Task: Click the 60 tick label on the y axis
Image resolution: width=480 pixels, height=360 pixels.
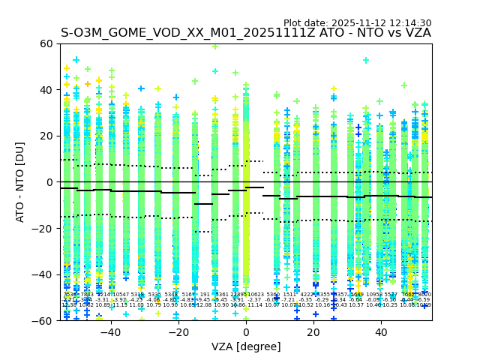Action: coord(46,43)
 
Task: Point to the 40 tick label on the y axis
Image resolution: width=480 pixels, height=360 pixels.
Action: coord(46,90)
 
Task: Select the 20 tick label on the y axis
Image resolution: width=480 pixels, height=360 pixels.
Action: coord(46,136)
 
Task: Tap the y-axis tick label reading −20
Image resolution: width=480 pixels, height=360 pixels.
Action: coord(43,228)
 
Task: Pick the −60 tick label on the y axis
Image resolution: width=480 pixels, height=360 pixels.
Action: coord(43,320)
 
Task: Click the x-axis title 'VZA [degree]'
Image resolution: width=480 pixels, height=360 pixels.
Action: coord(245,346)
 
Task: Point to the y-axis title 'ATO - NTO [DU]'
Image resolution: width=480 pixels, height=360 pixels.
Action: coord(20,182)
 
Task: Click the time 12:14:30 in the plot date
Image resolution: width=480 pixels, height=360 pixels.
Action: coord(409,23)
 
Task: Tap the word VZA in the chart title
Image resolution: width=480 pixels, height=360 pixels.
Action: coord(416,33)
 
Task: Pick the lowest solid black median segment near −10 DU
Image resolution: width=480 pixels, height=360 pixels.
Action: coord(203,204)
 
